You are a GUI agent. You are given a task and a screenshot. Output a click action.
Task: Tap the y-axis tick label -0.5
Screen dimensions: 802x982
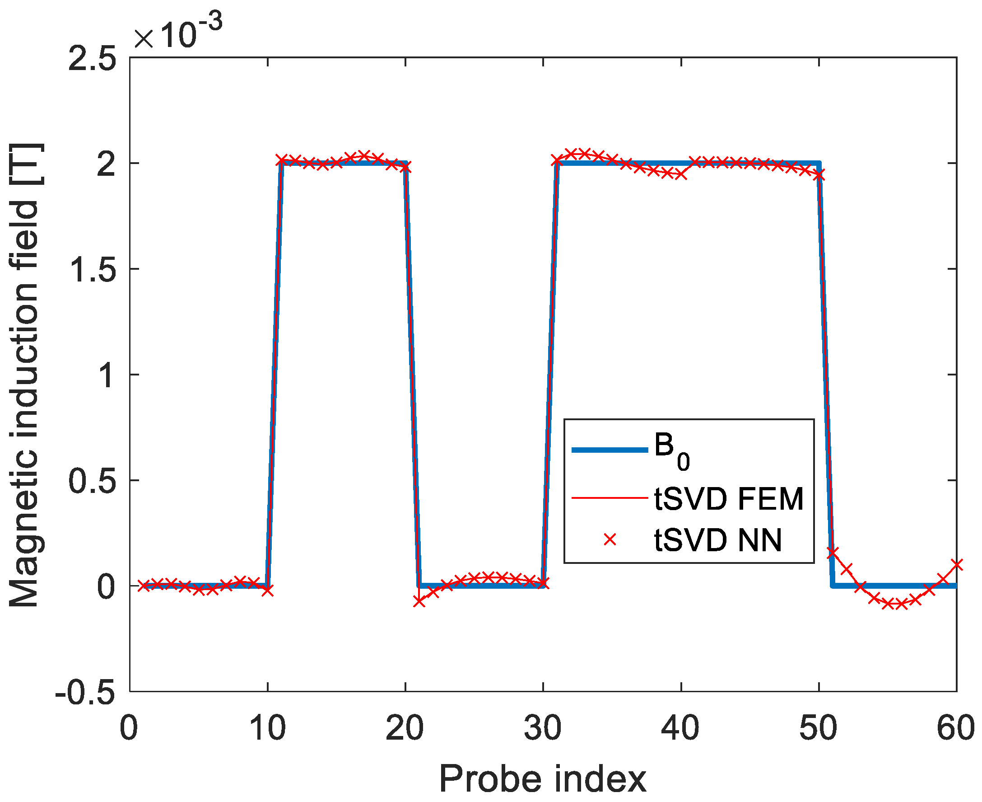[x=85, y=693]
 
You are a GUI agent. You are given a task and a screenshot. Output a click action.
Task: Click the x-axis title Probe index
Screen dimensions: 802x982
[x=543, y=779]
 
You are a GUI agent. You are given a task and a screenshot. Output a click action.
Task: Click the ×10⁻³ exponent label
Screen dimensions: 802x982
[x=178, y=33]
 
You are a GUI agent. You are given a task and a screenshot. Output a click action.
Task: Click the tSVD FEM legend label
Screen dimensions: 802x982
[x=729, y=499]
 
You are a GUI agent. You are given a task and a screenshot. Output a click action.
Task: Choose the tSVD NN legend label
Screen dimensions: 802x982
[x=718, y=539]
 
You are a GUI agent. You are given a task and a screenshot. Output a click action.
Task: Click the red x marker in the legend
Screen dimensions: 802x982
[x=610, y=539]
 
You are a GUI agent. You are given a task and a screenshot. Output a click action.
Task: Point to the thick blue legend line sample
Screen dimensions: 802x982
[x=610, y=450]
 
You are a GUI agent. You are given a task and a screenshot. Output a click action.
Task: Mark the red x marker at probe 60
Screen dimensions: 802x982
[x=957, y=564]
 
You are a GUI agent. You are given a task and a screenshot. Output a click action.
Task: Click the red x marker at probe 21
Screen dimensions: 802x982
[x=419, y=601]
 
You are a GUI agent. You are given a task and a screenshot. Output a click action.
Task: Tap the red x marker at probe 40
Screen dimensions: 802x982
[x=681, y=174]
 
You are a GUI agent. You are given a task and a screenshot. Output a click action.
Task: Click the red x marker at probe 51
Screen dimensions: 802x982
[x=833, y=552]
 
